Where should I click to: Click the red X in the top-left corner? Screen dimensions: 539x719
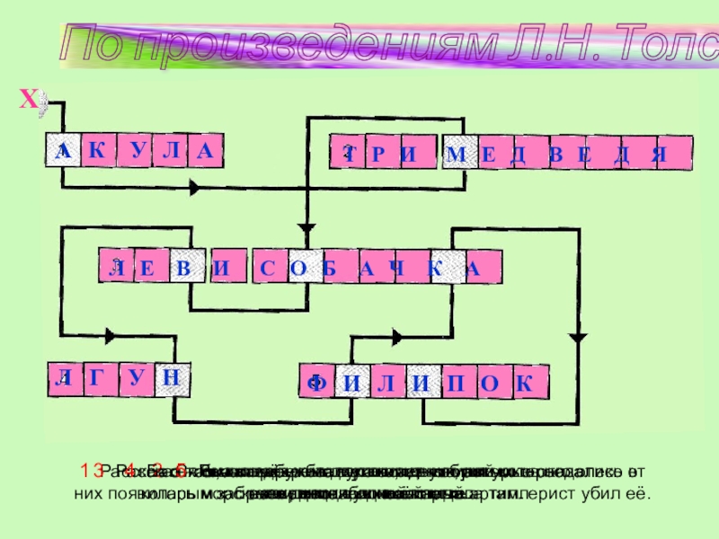pos(29,102)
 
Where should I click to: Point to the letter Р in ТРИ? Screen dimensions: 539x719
pos(377,154)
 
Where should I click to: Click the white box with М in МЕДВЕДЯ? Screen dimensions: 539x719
pos(456,154)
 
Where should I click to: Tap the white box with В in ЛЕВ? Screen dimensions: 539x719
pos(183,267)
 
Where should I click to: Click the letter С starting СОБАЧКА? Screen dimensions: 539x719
pos(267,267)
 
